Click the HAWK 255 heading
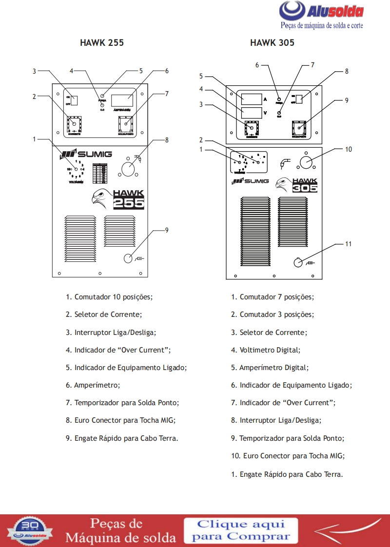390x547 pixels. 101,43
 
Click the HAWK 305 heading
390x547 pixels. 272,43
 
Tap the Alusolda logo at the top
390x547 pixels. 322,12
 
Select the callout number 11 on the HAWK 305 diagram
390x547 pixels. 348,244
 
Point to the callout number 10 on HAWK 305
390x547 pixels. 348,150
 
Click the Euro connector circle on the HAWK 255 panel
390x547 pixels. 128,168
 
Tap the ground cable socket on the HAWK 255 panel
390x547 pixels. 128,258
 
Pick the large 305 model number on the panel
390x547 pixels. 305,187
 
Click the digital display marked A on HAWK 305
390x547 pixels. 251,99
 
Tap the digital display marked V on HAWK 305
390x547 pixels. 251,113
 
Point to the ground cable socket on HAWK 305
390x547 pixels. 298,263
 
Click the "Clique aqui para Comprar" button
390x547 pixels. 240,530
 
